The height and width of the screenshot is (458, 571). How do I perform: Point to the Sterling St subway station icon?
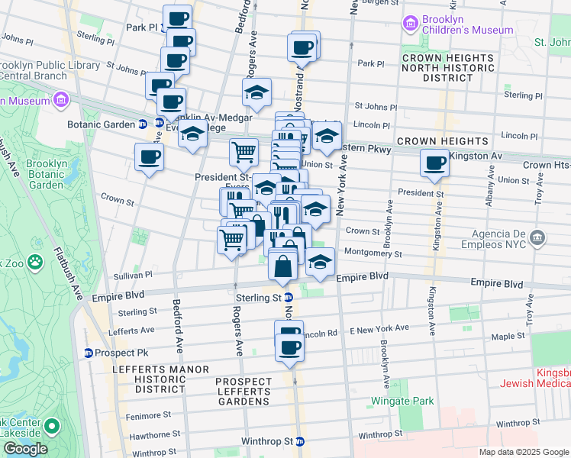point(289,298)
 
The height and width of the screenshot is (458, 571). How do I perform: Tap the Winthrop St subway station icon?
point(300,441)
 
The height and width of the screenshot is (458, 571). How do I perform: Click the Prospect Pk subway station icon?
point(89,353)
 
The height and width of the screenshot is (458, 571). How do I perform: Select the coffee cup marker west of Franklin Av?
point(148,158)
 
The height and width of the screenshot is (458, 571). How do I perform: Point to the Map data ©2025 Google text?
point(524,452)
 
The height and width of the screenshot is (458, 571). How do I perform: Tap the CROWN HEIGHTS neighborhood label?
point(442,141)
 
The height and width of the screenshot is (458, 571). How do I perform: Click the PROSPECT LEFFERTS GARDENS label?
point(243,391)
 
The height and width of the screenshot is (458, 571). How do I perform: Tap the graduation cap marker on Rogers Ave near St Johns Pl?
point(257,93)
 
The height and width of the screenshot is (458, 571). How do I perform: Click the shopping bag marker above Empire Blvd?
point(283,266)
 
